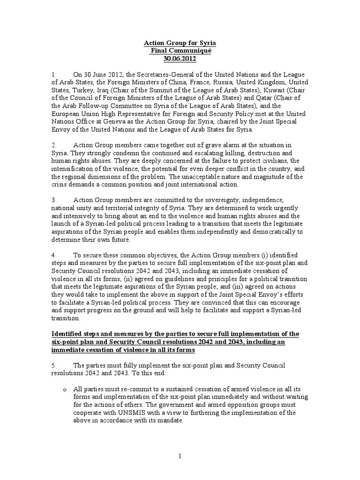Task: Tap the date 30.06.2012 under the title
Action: click(x=180, y=59)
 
